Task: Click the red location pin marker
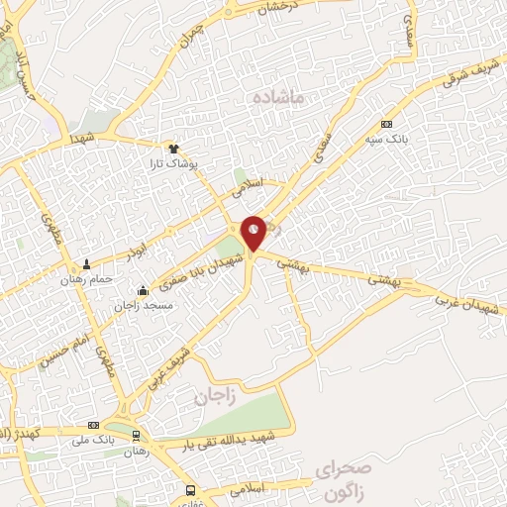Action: (x=253, y=232)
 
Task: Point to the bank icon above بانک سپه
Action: (x=386, y=125)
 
